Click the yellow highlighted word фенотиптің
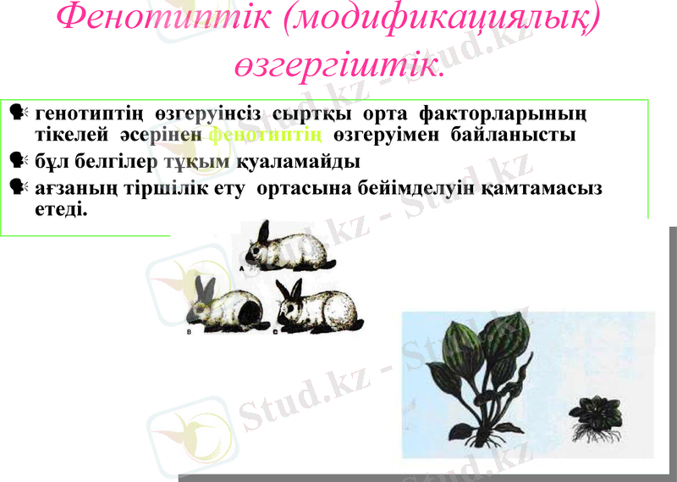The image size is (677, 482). coord(265,135)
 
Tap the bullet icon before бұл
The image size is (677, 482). coord(16,160)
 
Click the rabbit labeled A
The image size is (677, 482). coord(288,247)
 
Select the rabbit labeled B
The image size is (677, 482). coord(225,305)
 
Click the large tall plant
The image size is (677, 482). coord(478,373)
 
